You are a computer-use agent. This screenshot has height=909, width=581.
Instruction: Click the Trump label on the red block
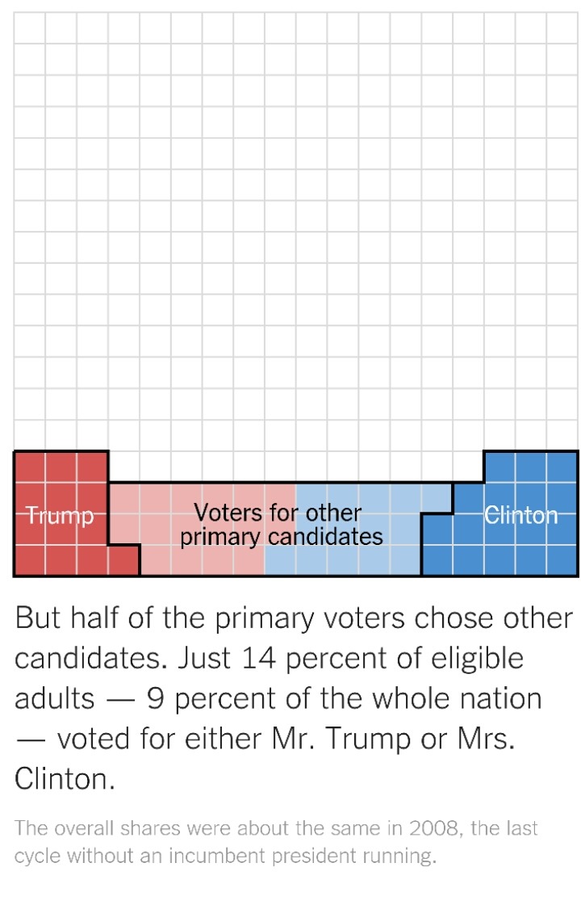pyautogui.click(x=60, y=516)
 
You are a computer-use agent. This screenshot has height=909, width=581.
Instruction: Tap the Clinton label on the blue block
pyautogui.click(x=520, y=515)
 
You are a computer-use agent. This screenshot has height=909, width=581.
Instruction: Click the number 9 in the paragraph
pyautogui.click(x=155, y=698)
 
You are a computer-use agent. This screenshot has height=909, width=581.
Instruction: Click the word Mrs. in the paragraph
pyautogui.click(x=486, y=739)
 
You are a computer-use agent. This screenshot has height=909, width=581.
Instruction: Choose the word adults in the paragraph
pyautogui.click(x=54, y=698)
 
